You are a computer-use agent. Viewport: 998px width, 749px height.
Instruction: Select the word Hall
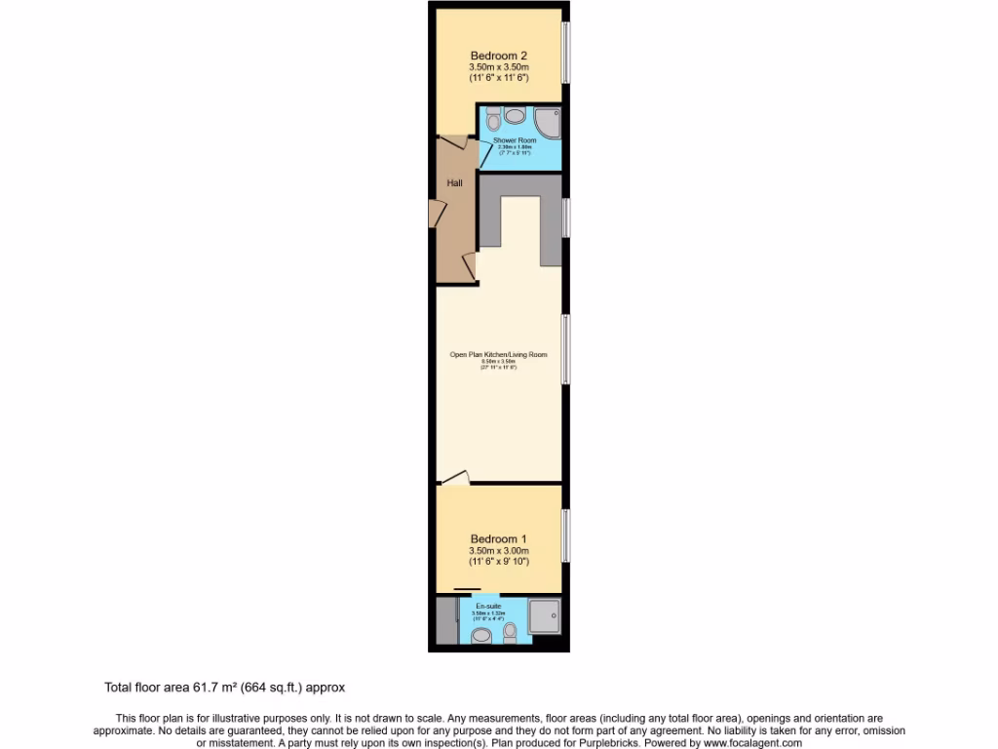click(454, 182)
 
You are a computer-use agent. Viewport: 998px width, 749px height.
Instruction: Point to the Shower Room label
click(515, 140)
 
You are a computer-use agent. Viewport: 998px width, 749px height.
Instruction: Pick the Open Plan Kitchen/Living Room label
click(498, 355)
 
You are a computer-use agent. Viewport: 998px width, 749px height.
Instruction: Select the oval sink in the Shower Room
click(514, 115)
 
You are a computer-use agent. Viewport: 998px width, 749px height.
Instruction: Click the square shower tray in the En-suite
click(544, 613)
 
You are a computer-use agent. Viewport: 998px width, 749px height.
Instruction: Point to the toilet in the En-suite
click(510, 633)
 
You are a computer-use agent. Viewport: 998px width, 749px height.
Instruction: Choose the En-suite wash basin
click(480, 636)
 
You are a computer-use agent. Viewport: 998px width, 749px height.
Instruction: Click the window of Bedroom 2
click(566, 54)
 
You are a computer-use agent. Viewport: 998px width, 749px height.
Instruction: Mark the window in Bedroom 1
click(566, 534)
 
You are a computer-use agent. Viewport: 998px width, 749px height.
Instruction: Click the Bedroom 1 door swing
click(455, 478)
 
